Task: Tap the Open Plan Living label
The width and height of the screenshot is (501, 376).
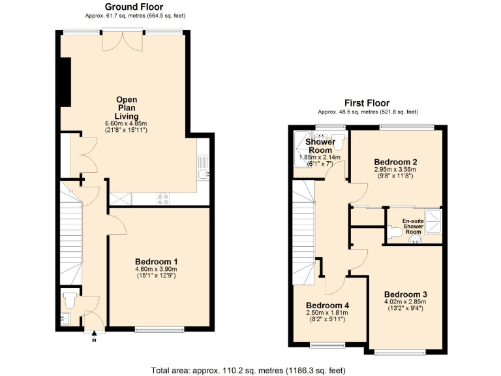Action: pos(127,108)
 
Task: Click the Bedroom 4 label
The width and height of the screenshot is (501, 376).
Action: pos(327,305)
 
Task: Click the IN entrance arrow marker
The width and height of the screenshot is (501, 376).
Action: pos(94,335)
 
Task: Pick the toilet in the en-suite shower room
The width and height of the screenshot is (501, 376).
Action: pos(394,231)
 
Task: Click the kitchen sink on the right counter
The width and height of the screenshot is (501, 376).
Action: pos(204,174)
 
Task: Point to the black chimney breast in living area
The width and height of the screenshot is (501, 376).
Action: pos(65,81)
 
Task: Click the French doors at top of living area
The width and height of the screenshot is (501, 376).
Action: pos(121,40)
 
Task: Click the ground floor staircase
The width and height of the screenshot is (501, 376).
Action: pos(71,235)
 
